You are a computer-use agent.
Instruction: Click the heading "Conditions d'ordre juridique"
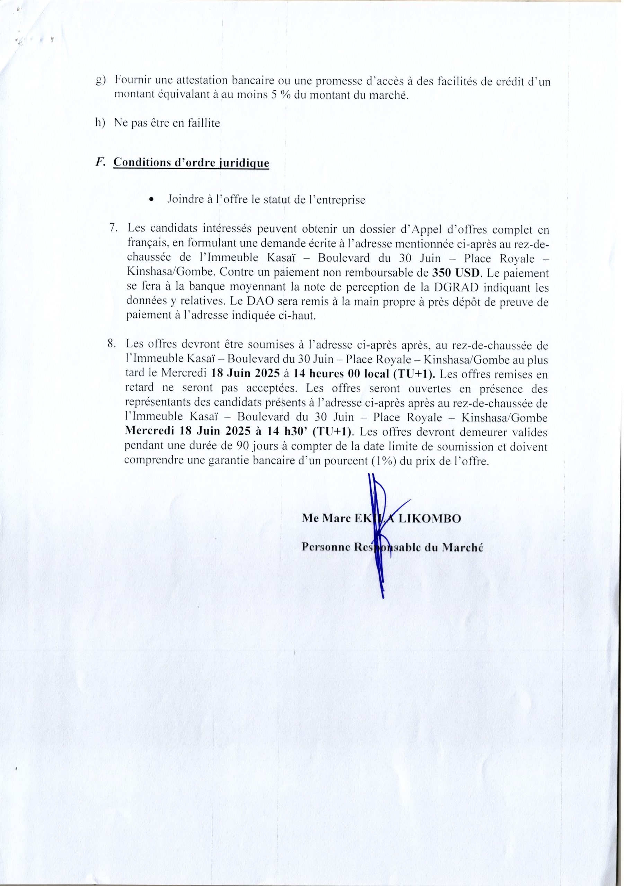pyautogui.click(x=191, y=163)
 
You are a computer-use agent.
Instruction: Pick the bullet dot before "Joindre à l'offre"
pyautogui.click(x=151, y=200)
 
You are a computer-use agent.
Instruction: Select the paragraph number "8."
pyautogui.click(x=113, y=343)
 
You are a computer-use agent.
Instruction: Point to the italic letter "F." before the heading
pyautogui.click(x=100, y=162)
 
